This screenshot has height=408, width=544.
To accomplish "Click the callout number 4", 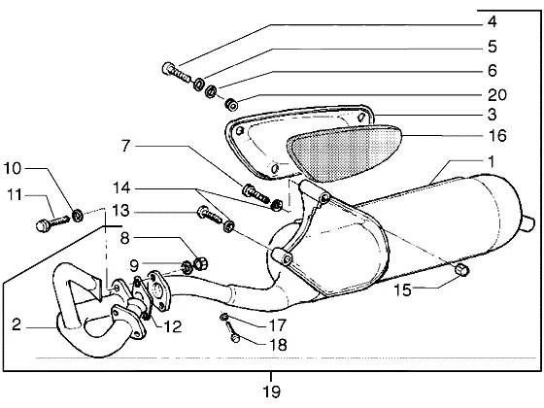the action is [492, 21].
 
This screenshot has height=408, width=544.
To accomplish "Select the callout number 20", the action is [497, 95].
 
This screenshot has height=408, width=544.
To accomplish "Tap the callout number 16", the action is [497, 135].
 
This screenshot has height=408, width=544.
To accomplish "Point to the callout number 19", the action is [271, 391].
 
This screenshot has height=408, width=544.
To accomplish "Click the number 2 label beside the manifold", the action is [17, 324].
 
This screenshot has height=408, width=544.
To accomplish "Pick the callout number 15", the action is [402, 289].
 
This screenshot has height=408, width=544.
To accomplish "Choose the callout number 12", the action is [173, 326].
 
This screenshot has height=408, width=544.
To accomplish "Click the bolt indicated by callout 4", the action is [176, 72].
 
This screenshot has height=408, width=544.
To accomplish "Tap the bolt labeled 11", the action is [52, 223].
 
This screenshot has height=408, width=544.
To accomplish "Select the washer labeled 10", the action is [78, 216].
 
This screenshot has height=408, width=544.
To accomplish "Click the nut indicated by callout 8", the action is [200, 263].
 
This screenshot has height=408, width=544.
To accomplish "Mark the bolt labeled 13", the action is [209, 215].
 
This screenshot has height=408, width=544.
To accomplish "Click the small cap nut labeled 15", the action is [461, 270].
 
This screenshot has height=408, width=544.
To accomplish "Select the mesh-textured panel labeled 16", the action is [345, 153].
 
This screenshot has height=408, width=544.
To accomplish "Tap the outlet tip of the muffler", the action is [528, 223].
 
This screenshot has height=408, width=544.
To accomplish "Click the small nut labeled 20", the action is [231, 104].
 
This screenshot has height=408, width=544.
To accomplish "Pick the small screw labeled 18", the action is [232, 331].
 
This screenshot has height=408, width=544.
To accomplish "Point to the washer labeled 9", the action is [187, 267].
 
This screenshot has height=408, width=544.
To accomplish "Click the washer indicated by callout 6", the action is [211, 91].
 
